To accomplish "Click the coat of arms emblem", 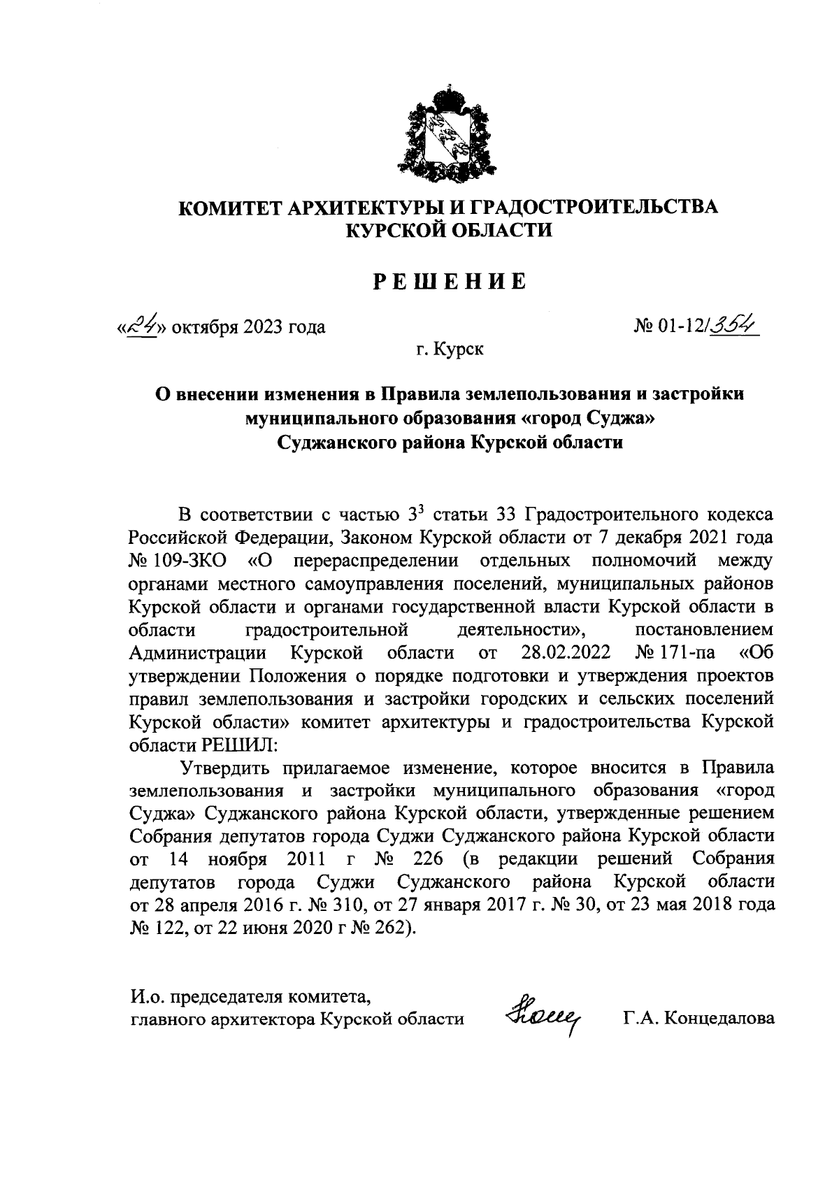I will (x=447, y=133).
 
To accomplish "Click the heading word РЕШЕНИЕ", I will (x=447, y=282).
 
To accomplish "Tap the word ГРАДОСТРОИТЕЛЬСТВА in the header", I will (x=591, y=208).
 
